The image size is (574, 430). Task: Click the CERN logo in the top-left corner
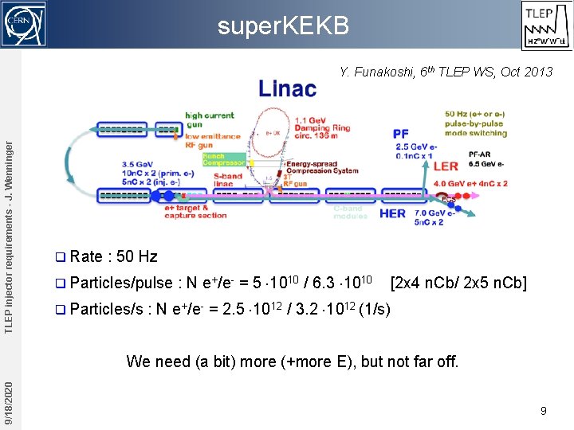tap(23, 24)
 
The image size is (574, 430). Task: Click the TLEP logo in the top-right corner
tap(546, 24)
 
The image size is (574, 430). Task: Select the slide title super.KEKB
tap(284, 26)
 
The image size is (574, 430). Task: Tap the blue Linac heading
tap(287, 88)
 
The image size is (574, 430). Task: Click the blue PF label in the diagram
tap(400, 135)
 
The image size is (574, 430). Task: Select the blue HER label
tap(392, 213)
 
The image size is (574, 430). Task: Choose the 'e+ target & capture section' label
tap(195, 211)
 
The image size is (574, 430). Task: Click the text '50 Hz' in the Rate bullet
tap(137, 256)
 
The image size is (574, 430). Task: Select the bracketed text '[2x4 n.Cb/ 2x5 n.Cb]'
tap(458, 282)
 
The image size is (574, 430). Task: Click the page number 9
tap(543, 411)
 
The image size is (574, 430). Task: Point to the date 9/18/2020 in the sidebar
tap(8, 402)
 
